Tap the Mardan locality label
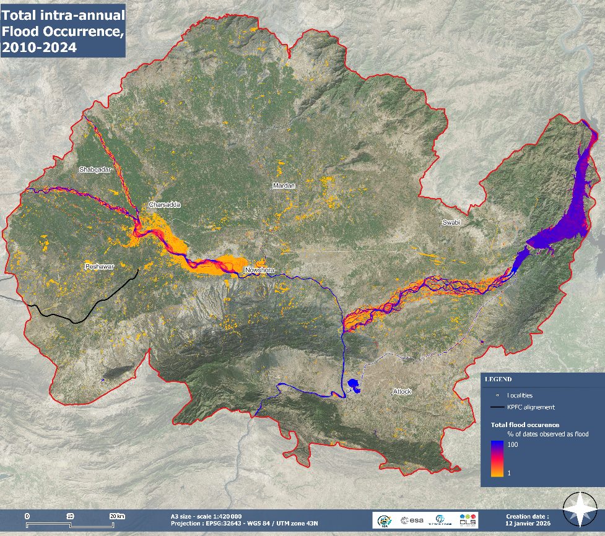pos(284,186)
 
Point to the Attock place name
pos(402,392)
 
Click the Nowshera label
pos(259,270)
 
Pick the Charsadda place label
pos(164,205)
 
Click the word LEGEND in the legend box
pos(498,379)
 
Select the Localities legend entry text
pos(520,395)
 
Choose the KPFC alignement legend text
pos(531,407)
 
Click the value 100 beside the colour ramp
pos(513,445)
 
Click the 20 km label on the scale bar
pos(117,516)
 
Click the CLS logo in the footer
pos(469,520)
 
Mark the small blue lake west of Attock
pos(354,386)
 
